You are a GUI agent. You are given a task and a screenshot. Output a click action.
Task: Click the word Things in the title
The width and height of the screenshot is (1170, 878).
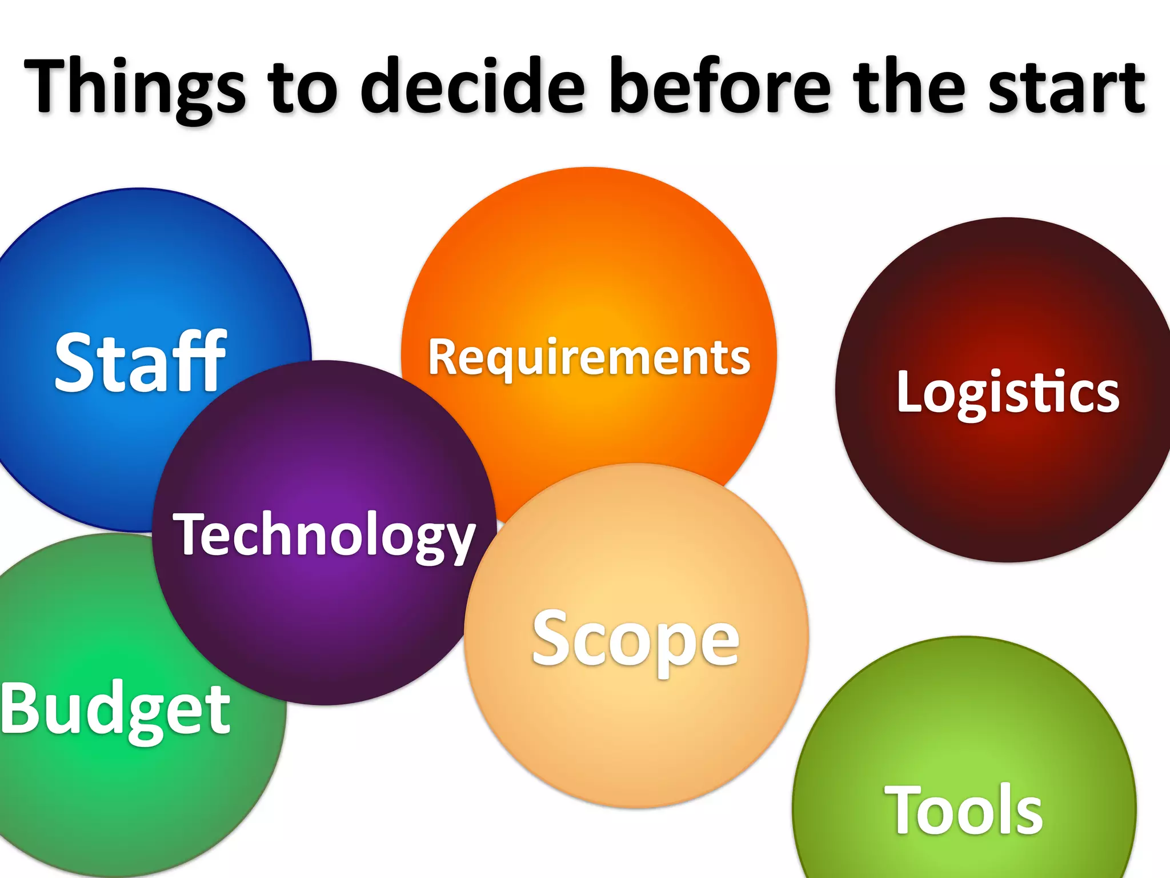pyautogui.click(x=134, y=86)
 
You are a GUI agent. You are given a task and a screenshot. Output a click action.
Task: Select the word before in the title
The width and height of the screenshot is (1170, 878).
pyautogui.click(x=720, y=86)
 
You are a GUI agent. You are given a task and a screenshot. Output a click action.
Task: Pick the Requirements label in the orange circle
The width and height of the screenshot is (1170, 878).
pyautogui.click(x=589, y=357)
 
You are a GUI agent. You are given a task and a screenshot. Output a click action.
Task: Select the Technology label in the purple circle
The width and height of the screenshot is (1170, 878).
pyautogui.click(x=324, y=534)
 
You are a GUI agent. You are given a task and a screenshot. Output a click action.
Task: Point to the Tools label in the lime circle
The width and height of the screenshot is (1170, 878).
pyautogui.click(x=963, y=811)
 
